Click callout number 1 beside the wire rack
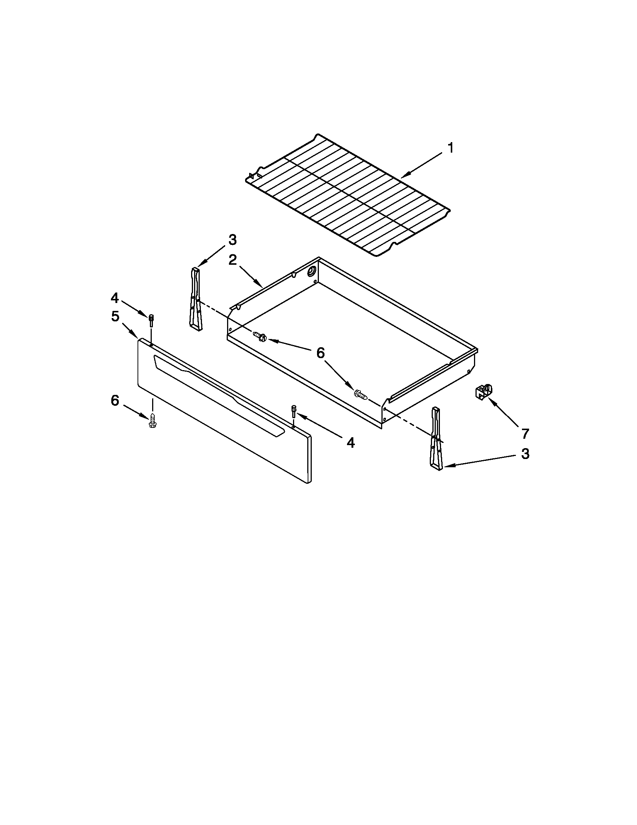(x=450, y=148)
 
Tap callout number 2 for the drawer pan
(x=232, y=260)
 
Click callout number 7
(x=525, y=434)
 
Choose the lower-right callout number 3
(x=525, y=454)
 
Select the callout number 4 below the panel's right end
(x=351, y=442)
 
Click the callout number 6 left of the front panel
(x=115, y=400)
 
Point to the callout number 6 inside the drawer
(x=320, y=353)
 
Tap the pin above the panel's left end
(x=151, y=321)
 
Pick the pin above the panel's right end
(x=294, y=410)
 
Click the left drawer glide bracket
(x=196, y=298)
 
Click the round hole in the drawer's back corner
(x=312, y=270)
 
